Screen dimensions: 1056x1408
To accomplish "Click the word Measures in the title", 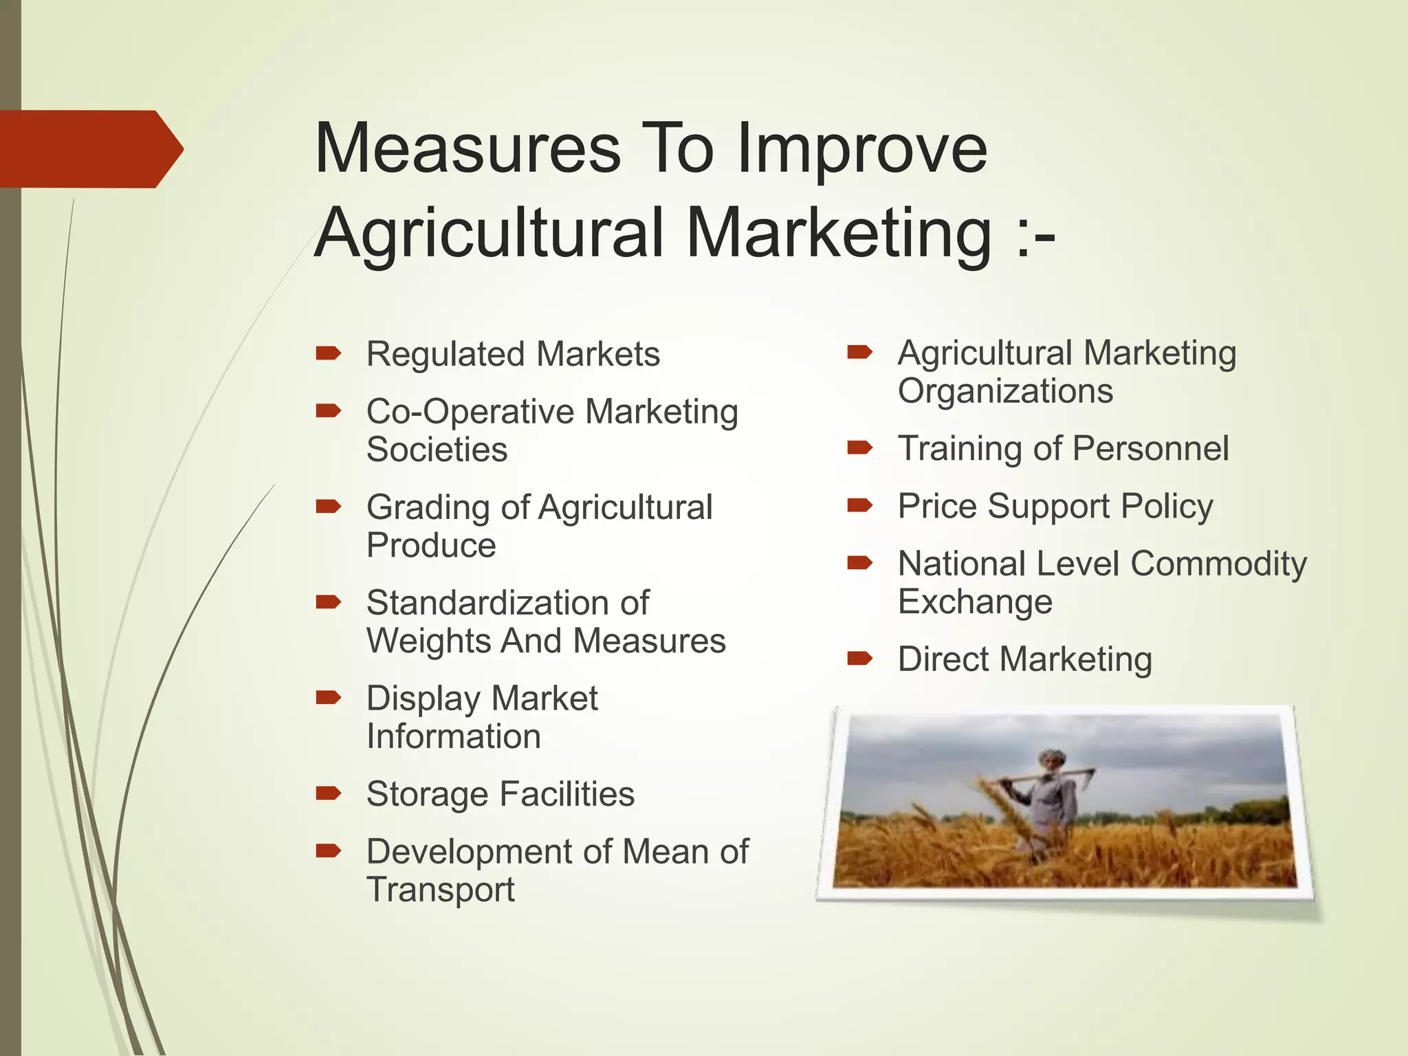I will [x=467, y=148].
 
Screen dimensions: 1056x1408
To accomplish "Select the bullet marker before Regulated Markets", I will [x=328, y=353].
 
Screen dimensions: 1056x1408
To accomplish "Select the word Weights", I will [x=427, y=641].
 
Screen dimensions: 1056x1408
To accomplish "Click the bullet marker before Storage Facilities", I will [x=328, y=793].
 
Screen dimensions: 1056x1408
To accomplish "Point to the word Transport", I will [x=441, y=890].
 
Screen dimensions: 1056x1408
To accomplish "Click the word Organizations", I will [x=1005, y=392].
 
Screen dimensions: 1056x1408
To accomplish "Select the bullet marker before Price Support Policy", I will [x=859, y=506].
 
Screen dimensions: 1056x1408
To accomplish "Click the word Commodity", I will [x=1218, y=564].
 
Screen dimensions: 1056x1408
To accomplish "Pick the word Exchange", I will [x=975, y=602].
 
